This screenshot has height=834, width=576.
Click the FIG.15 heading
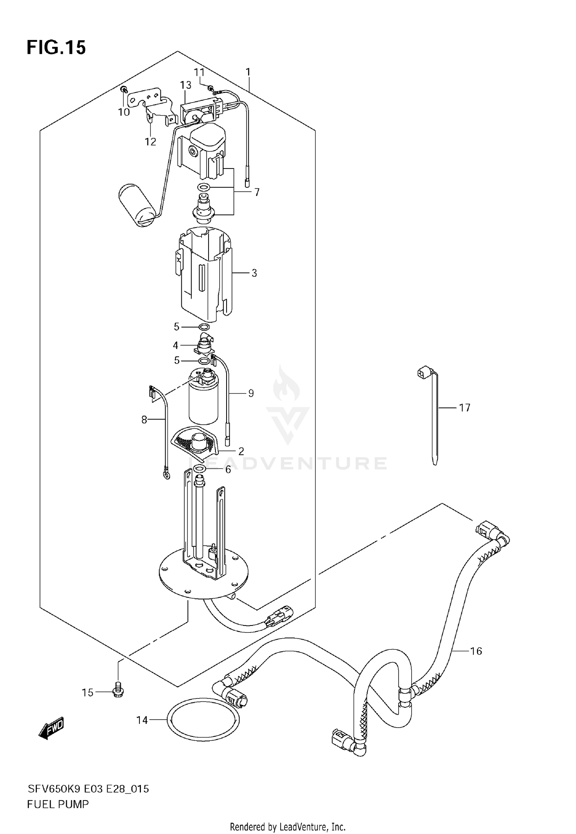coord(56,48)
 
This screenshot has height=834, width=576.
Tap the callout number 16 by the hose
coord(476,651)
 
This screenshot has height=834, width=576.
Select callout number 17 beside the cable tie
coord(465,407)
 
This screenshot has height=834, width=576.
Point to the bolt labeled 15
coord(118,692)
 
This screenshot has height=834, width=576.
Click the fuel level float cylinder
coord(137,206)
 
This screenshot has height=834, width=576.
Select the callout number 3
coord(254,273)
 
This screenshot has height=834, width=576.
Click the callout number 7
coord(257,192)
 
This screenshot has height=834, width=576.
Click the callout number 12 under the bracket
coord(151,142)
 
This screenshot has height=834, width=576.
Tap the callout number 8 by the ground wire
coord(144,420)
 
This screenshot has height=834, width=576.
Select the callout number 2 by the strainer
coord(241,451)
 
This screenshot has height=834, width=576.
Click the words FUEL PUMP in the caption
coord(58,804)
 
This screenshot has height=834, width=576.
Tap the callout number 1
coord(248,72)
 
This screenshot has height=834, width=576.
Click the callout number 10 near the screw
coord(124,112)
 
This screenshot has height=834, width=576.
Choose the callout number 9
coord(251,393)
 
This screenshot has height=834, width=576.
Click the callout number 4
coord(175,346)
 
